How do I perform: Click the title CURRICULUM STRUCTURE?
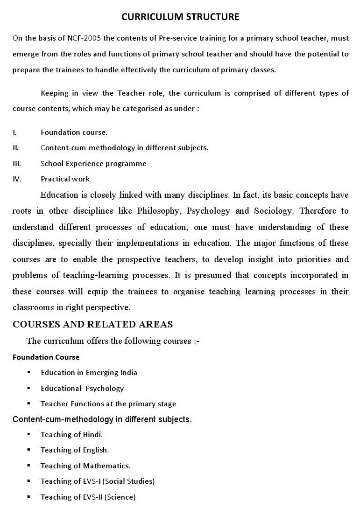point(180,17)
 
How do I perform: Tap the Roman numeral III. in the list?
point(17,163)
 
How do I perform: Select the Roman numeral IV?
point(17,179)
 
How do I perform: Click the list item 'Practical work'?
point(65,179)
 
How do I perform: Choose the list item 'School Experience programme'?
point(93,163)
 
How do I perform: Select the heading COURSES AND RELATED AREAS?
point(93,324)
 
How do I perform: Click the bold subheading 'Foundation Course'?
point(46,357)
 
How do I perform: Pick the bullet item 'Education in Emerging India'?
point(89,372)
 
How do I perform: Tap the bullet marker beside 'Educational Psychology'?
point(29,388)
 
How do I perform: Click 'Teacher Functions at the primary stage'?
point(108,404)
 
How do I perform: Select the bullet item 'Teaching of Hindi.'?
point(71,434)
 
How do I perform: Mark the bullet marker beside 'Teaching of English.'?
point(29,450)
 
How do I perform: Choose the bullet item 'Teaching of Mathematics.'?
point(85,466)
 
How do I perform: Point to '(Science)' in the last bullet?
point(120,497)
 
